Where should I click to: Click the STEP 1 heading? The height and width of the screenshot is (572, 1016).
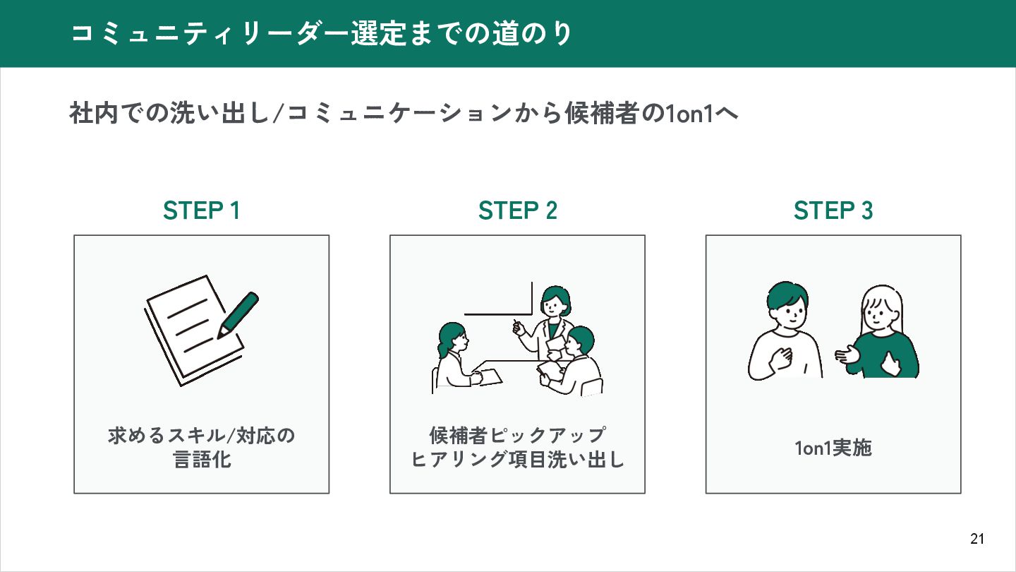coord(202,210)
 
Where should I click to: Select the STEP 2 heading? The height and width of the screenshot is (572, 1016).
coord(518,210)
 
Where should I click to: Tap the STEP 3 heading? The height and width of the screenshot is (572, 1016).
coord(833,210)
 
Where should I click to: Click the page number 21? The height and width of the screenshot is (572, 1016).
coord(977,540)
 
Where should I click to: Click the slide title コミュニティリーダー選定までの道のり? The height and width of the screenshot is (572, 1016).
coord(322,34)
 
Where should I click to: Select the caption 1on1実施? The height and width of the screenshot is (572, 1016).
coord(833,448)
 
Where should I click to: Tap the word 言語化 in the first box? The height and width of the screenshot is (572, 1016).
coord(202,460)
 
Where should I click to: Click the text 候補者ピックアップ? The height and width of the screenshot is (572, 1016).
coord(517,434)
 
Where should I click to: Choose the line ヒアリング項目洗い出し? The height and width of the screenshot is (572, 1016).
coord(517,460)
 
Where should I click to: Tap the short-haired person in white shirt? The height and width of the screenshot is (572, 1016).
coord(785,332)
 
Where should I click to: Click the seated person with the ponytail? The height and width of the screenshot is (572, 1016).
coord(453,357)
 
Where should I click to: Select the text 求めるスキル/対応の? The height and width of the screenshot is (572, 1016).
coord(202,435)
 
